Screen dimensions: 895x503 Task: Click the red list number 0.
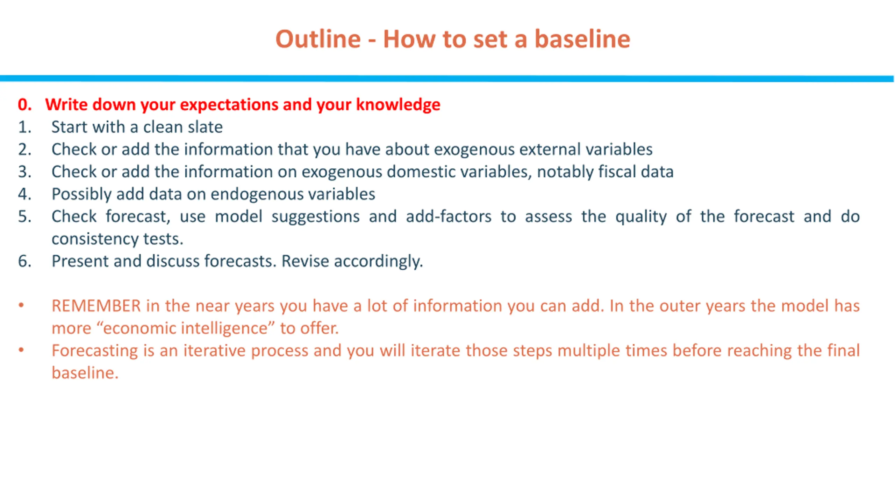(x=25, y=104)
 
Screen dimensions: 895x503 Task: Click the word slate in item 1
(x=205, y=127)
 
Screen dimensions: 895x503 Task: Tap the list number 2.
(x=25, y=149)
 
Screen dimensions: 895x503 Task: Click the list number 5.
(x=25, y=217)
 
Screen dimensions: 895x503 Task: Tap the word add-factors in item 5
(x=449, y=216)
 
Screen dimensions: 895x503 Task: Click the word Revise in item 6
(x=305, y=261)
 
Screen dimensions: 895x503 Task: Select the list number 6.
(x=25, y=261)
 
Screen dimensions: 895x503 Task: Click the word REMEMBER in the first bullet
(x=96, y=306)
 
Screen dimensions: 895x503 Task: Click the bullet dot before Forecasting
(x=21, y=350)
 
